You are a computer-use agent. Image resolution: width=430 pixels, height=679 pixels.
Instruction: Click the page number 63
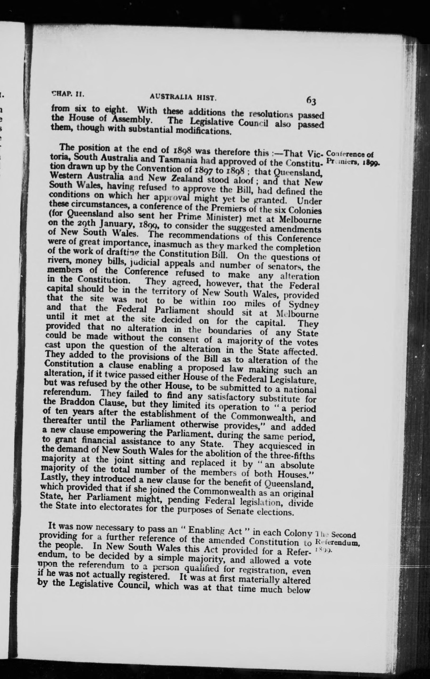[312, 101]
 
